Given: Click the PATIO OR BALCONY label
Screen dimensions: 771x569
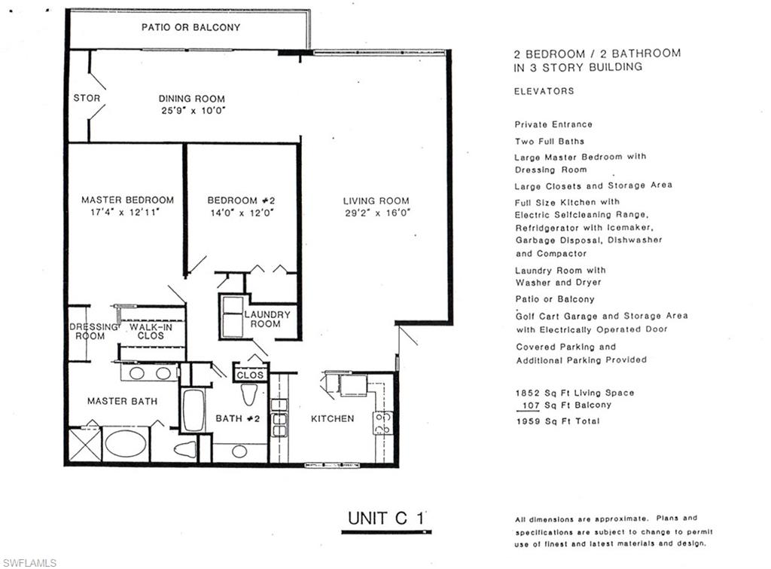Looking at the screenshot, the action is pyautogui.click(x=190, y=28).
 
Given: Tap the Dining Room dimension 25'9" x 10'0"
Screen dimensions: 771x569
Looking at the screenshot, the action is pyautogui.click(x=194, y=111).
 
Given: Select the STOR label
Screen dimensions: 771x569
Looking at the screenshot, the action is pyautogui.click(x=87, y=98).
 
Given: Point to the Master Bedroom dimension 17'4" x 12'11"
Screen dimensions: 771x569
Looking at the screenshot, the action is pyautogui.click(x=125, y=213).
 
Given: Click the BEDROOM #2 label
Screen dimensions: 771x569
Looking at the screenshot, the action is pyautogui.click(x=241, y=200).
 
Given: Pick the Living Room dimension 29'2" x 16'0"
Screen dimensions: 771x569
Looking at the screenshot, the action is pyautogui.click(x=377, y=213).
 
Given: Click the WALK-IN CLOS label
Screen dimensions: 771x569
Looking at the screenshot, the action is pyautogui.click(x=151, y=332).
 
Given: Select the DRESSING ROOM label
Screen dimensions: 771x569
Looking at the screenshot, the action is pyautogui.click(x=93, y=332).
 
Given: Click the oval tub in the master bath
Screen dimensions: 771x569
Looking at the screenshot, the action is pyautogui.click(x=126, y=443).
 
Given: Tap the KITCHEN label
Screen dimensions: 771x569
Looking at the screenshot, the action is pyautogui.click(x=332, y=418).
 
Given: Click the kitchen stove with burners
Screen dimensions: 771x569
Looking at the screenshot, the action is pyautogui.click(x=382, y=423).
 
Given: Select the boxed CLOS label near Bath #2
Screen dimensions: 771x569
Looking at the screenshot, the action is pyautogui.click(x=250, y=375).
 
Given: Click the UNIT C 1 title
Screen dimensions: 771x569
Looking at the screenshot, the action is pyautogui.click(x=386, y=519).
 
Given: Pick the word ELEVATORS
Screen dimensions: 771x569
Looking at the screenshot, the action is pyautogui.click(x=544, y=91).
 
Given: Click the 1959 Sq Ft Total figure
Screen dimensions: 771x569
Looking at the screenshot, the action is pyautogui.click(x=558, y=421).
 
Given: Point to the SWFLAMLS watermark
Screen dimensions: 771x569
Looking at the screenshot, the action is pyautogui.click(x=29, y=563).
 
